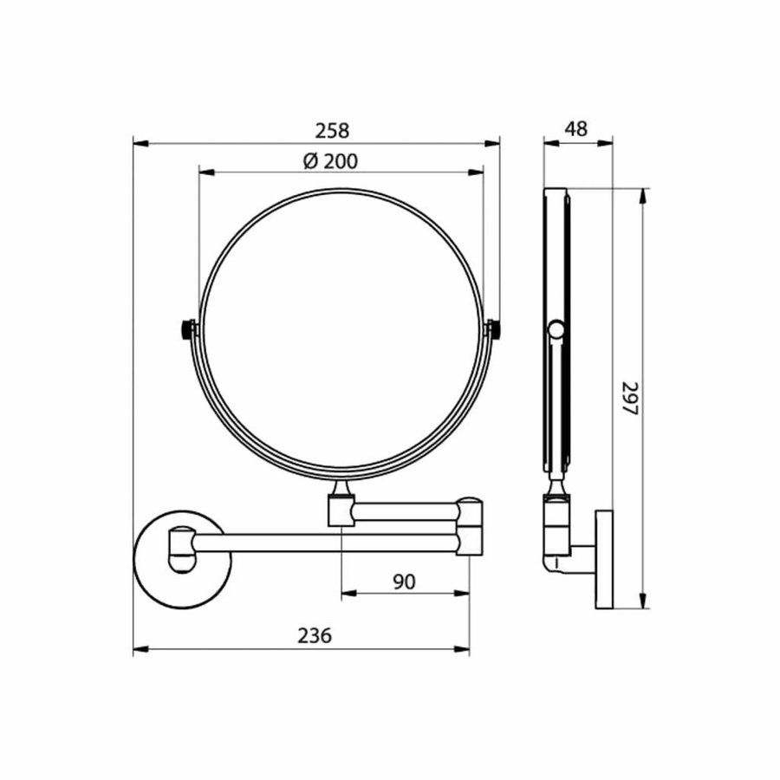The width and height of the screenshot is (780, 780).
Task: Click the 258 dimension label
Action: point(332,130)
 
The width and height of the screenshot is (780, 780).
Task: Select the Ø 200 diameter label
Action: point(331,160)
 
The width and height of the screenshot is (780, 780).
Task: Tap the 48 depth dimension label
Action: point(575,129)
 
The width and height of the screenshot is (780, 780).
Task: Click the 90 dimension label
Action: point(404,582)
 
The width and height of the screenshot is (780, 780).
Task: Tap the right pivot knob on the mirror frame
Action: point(495,330)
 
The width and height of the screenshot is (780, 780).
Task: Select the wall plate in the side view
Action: point(603,559)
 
